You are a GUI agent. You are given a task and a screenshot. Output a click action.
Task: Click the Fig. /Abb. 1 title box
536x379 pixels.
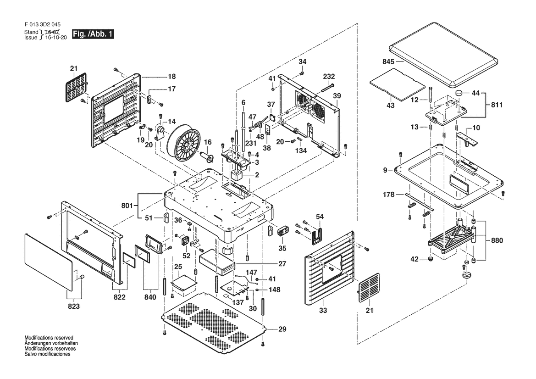[93, 34]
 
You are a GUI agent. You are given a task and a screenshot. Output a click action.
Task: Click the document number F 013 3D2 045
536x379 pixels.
[43, 24]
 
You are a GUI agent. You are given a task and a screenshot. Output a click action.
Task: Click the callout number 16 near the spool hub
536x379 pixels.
[207, 142]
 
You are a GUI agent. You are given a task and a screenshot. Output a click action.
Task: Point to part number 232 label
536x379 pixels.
[329, 76]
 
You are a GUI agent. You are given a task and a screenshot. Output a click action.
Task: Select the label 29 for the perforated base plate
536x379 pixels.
[282, 329]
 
